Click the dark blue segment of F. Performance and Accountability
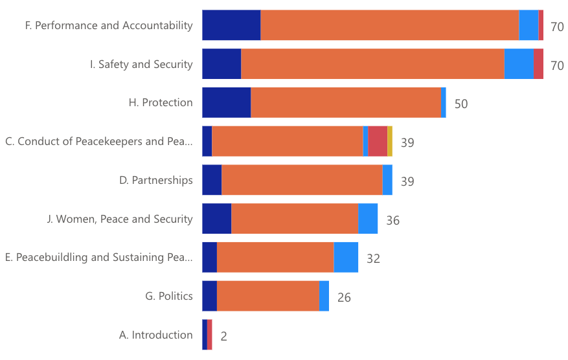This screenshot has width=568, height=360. point(231,25)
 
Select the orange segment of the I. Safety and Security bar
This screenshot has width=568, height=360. point(372,64)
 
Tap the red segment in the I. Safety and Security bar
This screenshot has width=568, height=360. point(538,64)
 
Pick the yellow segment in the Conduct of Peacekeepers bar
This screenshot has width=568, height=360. point(390,141)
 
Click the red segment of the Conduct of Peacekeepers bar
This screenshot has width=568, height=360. point(378,141)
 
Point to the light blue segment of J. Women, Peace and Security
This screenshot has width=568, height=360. point(368,219)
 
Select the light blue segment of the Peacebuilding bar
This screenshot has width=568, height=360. point(346,257)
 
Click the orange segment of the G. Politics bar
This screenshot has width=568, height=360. point(268,296)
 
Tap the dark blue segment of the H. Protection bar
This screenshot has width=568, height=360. point(226,103)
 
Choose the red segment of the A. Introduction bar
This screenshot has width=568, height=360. point(210,335)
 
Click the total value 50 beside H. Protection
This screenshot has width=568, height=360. point(461,104)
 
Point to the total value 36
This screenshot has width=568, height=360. point(392,221)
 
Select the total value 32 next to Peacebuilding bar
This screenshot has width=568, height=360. point(373,259)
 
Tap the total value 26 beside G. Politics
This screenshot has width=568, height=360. point(344,298)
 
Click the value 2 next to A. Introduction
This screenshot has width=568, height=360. point(224,337)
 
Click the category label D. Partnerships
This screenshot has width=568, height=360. point(155,180)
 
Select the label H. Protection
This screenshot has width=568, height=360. point(161,102)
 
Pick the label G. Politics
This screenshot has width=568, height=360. point(168,296)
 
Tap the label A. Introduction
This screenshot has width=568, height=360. point(155,335)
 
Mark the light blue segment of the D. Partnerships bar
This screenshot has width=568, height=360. point(387,180)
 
